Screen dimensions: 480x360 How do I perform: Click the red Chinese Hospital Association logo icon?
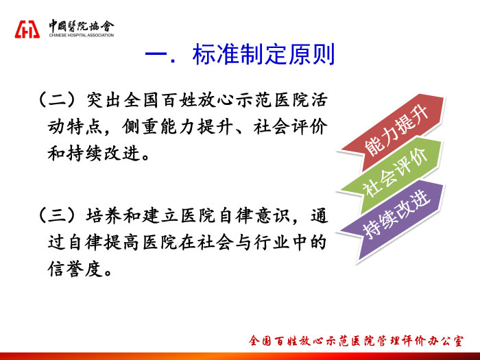27,29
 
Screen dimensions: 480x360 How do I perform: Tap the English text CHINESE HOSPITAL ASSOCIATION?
82,35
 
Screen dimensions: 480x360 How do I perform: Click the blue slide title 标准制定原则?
263,54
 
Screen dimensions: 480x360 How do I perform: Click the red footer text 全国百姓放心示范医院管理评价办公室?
356,341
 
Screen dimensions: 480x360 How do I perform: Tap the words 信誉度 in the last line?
75,269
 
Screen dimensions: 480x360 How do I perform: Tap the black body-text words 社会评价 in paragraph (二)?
290,127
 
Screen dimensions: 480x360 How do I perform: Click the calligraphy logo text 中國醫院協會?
82,26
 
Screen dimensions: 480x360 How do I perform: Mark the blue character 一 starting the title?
156,55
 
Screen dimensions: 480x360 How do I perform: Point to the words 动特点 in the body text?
75,127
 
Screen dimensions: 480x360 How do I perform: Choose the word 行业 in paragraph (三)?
272,243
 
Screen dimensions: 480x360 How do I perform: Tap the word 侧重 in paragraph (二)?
140,127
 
